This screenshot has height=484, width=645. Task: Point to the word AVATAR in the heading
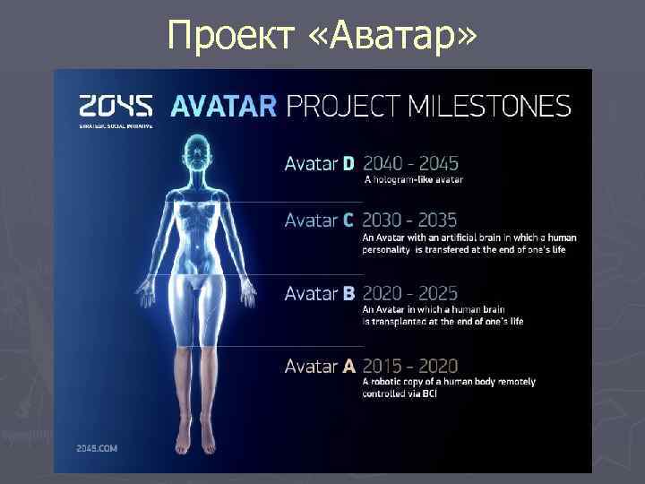point(223,106)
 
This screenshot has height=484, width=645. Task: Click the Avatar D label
point(320,163)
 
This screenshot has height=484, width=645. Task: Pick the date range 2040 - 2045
point(410,163)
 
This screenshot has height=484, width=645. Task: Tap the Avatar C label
point(320,220)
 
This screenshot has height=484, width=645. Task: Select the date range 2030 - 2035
point(410,220)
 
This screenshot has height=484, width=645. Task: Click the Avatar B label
point(320,293)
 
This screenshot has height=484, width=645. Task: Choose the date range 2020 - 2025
point(410,293)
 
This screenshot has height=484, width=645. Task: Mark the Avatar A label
point(320,366)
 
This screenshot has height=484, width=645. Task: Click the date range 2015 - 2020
point(410,366)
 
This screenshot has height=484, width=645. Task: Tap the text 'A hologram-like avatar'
point(413,180)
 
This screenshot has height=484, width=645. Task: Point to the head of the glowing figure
point(196,149)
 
